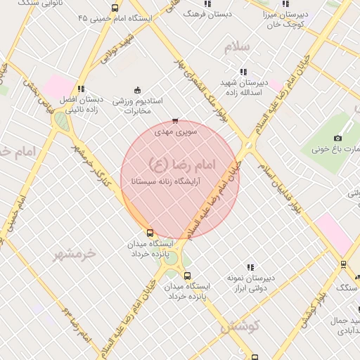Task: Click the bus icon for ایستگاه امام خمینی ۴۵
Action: pyautogui.click(x=115, y=8)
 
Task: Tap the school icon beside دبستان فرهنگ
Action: pyautogui.click(x=207, y=4)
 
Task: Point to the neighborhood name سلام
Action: pyautogui.click(x=237, y=47)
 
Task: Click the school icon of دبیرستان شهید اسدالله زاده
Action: pyautogui.click(x=243, y=72)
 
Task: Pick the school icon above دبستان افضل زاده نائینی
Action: pyautogui.click(x=81, y=89)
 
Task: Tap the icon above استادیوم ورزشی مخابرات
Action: pyautogui.click(x=137, y=90)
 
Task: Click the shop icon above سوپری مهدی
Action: pyautogui.click(x=175, y=120)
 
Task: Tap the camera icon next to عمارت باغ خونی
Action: pyautogui.click(x=337, y=138)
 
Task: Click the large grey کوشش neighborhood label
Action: pyautogui.click(x=240, y=326)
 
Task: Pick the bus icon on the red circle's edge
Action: pyautogui.click(x=149, y=233)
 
